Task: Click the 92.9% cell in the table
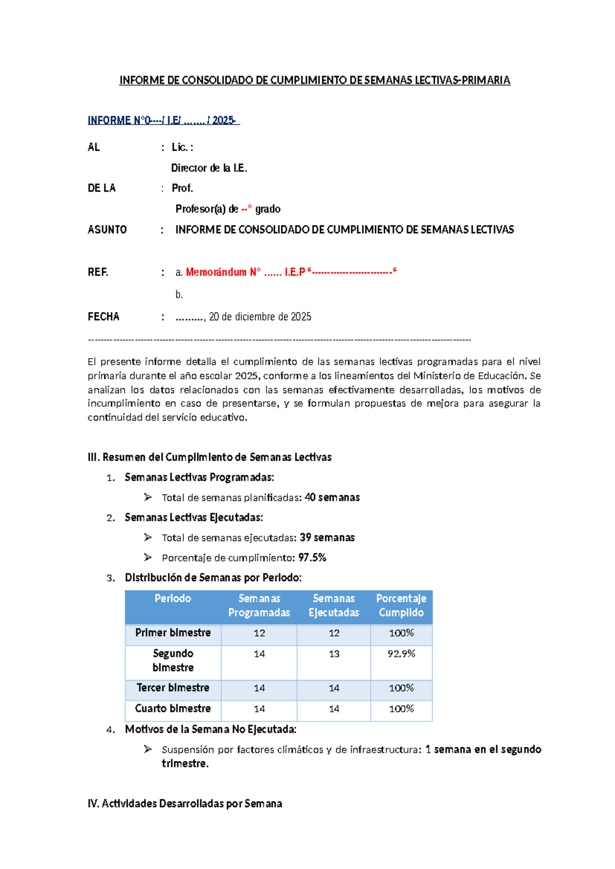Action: point(401,654)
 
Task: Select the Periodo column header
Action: point(173,598)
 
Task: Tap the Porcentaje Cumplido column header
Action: point(401,605)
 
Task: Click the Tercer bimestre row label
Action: point(173,688)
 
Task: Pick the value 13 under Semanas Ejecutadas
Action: point(334,654)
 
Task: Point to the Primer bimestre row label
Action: point(173,633)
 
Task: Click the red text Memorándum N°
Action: point(223,272)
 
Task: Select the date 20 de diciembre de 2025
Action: point(260,317)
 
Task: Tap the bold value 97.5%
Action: point(312,557)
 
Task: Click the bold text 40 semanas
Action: point(332,498)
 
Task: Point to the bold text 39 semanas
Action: point(327,537)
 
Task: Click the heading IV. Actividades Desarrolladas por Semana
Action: point(184,803)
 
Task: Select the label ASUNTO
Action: point(107,230)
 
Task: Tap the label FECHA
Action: point(104,317)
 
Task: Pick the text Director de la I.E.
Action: point(209,168)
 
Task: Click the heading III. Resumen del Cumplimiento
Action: point(210,457)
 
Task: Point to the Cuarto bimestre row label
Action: point(173,709)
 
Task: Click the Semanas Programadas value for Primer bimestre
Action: point(259,633)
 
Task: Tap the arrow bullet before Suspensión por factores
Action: point(148,749)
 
